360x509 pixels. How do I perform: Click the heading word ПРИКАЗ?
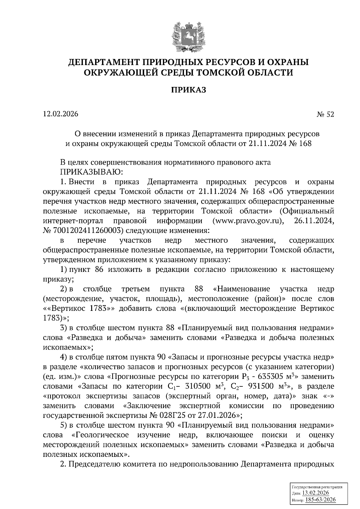click(x=189, y=90)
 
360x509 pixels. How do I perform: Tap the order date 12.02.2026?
click(x=61, y=114)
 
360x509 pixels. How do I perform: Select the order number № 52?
click(x=325, y=115)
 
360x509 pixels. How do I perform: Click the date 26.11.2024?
click(x=315, y=221)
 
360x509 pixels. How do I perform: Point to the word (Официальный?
click(x=307, y=211)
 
